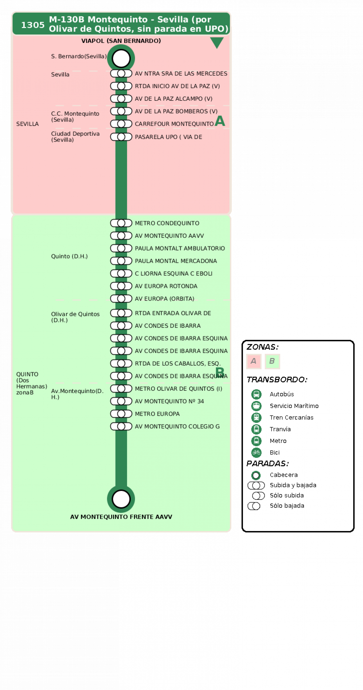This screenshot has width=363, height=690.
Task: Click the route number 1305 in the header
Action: (33, 25)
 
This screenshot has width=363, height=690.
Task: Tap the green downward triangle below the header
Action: (217, 42)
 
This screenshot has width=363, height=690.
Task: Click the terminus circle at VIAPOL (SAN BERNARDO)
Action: (121, 58)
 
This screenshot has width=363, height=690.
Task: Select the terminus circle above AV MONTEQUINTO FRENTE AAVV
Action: (121, 499)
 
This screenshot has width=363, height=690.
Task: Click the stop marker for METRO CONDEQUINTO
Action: (121, 223)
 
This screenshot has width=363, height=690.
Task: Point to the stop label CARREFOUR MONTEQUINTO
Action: (174, 124)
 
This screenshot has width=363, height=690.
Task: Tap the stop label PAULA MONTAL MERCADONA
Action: (176, 261)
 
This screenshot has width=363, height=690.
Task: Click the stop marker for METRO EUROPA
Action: (121, 414)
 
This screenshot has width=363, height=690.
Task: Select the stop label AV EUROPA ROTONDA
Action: (166, 286)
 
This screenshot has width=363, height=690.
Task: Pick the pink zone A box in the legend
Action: (254, 361)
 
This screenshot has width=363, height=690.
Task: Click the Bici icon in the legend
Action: (256, 452)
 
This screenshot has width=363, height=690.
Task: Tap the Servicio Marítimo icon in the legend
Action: (256, 406)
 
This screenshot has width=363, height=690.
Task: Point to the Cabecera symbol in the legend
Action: (256, 475)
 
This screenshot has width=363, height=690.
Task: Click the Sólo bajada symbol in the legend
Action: (254, 506)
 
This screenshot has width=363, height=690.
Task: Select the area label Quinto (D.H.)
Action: (69, 256)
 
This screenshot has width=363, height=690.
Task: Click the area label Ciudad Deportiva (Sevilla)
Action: (75, 137)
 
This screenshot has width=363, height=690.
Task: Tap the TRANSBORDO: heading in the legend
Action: (277, 380)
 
